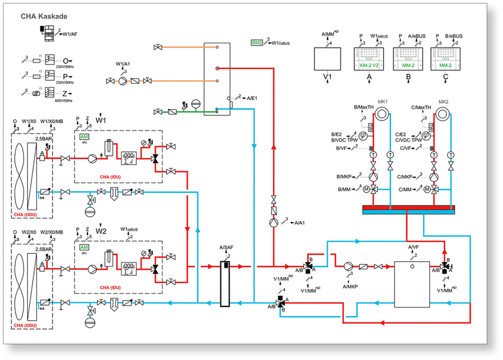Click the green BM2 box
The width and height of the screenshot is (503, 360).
pyautogui.click(x=257, y=43)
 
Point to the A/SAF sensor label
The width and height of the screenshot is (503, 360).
pyautogui.click(x=225, y=248)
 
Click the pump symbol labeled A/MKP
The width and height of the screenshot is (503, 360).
pyautogui.click(x=349, y=267)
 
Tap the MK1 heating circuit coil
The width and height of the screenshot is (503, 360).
pyautogui.click(x=382, y=114)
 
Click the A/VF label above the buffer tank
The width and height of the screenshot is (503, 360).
pyautogui.click(x=414, y=247)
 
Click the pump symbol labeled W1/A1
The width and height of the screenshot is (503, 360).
pyautogui.click(x=122, y=81)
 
